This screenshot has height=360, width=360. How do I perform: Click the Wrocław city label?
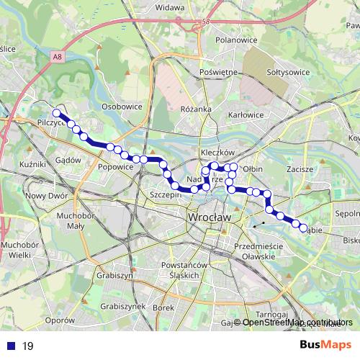pos(207,216)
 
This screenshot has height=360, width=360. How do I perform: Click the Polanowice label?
pos(236,40)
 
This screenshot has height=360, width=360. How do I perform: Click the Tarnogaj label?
pos(274,315)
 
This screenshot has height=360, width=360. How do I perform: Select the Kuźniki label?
pos(32,166)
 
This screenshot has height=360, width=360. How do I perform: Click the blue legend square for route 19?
pos(9,346)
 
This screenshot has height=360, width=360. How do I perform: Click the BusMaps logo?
pos(325,346)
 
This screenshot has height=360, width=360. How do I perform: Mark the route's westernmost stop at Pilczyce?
pos(56,112)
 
